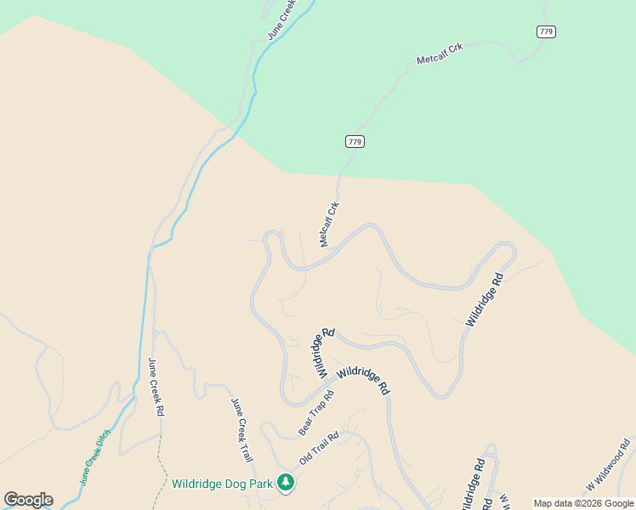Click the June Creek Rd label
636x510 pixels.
[156, 386]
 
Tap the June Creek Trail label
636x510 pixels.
[243, 430]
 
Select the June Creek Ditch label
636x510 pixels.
[95, 457]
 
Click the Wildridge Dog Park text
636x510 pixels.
[222, 484]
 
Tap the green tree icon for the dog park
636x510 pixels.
[286, 484]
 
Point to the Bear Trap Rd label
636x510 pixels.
[315, 413]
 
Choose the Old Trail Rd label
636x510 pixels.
[319, 448]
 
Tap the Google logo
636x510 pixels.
[28, 499]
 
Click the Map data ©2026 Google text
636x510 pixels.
[583, 503]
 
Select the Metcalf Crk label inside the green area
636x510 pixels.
[440, 54]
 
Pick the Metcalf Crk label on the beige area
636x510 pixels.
[329, 224]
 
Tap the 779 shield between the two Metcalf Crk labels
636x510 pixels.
[355, 141]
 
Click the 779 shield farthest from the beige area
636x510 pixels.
[546, 31]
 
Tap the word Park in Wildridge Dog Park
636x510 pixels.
[257, 484]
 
